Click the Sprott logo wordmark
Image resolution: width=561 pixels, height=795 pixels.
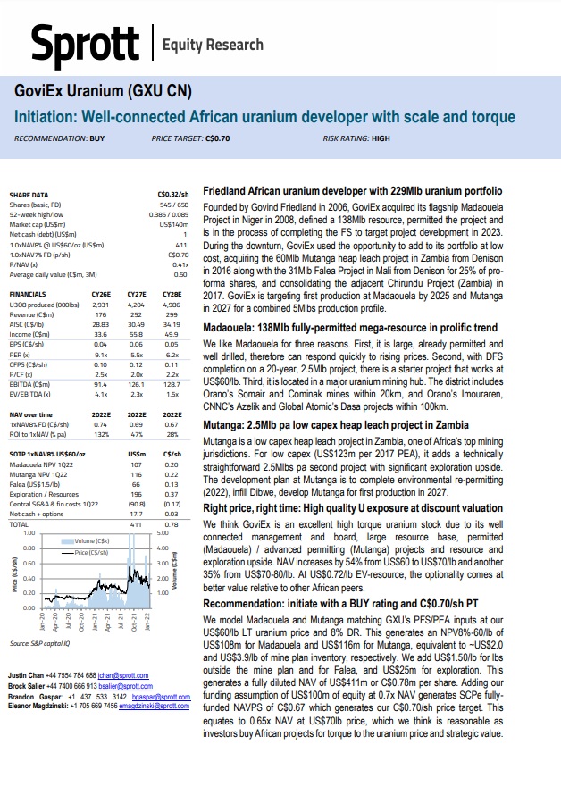pos(85,42)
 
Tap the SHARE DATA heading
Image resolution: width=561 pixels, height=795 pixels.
pos(29,194)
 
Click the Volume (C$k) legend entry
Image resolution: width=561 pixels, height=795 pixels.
pos(91,541)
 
